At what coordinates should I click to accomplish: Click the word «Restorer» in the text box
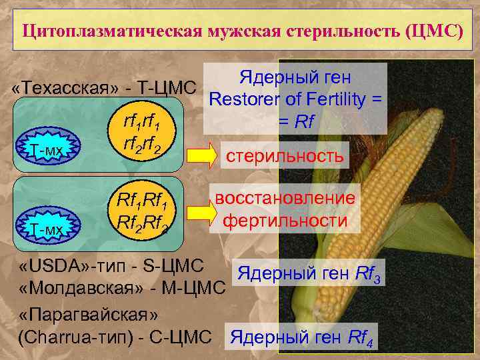[x=245, y=100]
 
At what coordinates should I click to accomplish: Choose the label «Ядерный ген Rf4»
[x=303, y=339]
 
